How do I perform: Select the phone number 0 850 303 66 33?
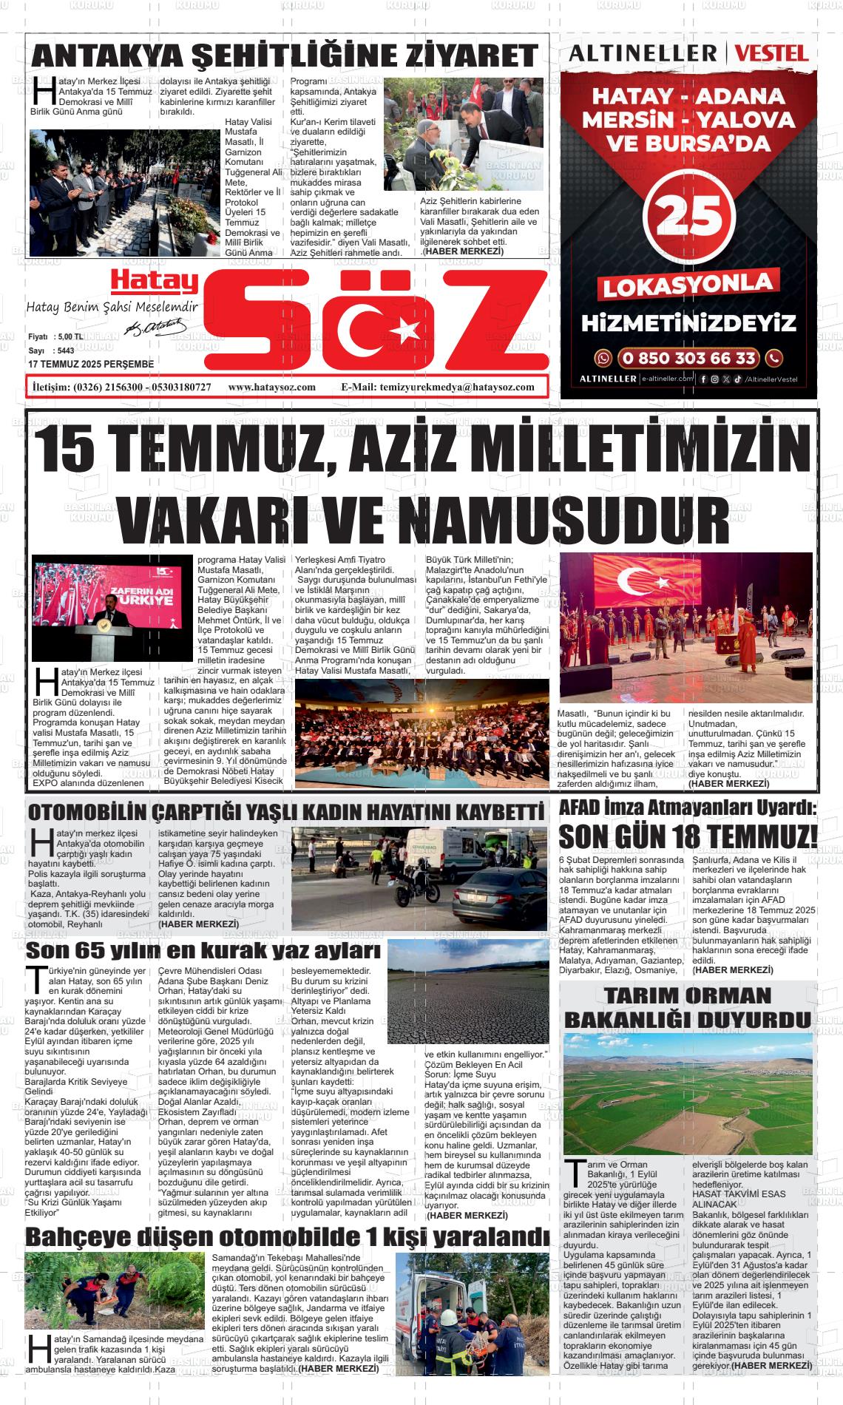(688, 359)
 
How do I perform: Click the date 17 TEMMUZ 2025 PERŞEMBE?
(91, 365)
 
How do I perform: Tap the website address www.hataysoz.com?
(272, 387)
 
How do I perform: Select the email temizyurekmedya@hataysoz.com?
(456, 387)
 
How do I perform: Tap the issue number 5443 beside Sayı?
(66, 351)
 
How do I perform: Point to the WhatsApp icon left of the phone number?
(603, 359)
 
